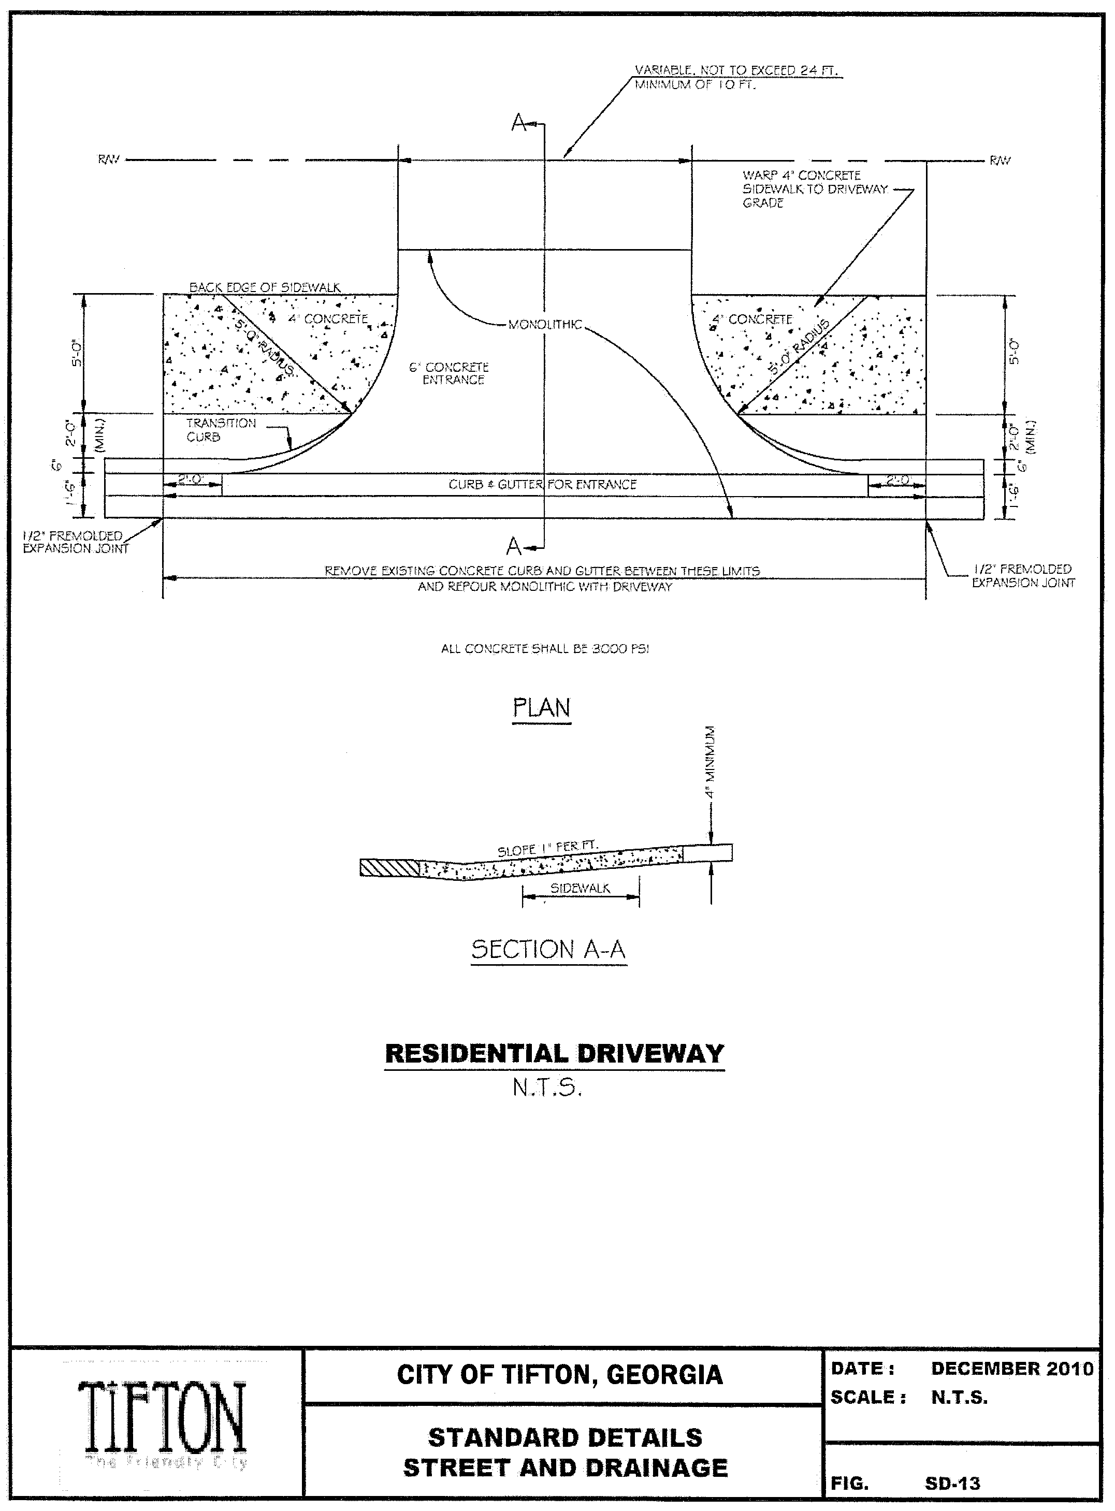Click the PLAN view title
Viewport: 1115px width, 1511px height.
[x=541, y=708]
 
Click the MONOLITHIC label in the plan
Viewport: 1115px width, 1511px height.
[x=545, y=325]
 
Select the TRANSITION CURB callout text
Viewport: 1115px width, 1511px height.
[x=221, y=430]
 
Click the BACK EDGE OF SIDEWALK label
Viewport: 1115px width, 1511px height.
[x=265, y=287]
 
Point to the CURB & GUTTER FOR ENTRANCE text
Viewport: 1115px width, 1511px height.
[x=543, y=485]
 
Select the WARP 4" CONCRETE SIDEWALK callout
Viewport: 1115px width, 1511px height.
[x=815, y=189]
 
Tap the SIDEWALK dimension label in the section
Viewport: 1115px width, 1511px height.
[x=580, y=888]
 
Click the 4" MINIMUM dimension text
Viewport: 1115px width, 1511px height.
[x=710, y=763]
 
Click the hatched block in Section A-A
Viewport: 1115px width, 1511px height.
[x=389, y=867]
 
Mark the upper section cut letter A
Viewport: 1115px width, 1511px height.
[x=518, y=123]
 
